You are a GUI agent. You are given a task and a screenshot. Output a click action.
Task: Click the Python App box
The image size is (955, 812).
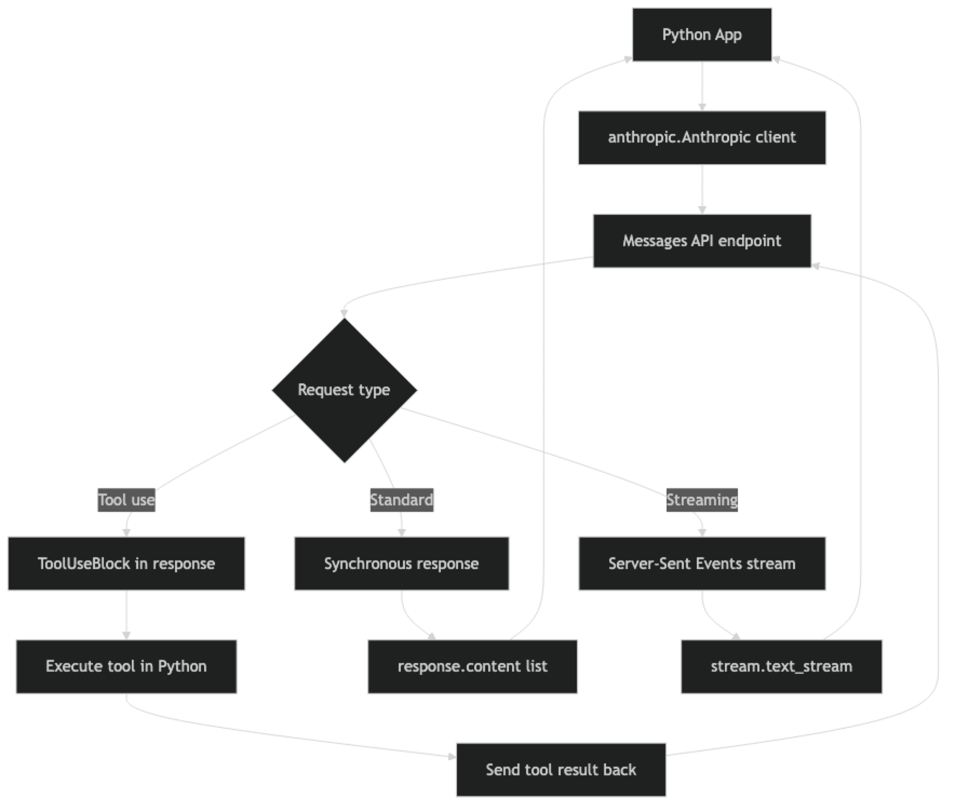(x=702, y=35)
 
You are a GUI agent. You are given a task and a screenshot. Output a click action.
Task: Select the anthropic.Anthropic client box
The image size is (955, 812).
(x=702, y=137)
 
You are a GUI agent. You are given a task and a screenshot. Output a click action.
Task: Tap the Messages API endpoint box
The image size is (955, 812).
(x=702, y=240)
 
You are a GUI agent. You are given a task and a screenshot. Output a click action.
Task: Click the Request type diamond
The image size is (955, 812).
(x=344, y=390)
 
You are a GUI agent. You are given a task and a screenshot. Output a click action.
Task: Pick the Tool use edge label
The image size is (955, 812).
(x=126, y=500)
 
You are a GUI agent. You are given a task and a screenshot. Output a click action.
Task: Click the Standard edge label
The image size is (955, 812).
(x=401, y=500)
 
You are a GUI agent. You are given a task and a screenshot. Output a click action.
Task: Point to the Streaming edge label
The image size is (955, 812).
(x=702, y=500)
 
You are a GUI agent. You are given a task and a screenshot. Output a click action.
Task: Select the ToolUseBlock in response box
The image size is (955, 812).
(x=126, y=563)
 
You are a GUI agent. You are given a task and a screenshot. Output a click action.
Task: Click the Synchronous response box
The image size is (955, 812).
(x=401, y=563)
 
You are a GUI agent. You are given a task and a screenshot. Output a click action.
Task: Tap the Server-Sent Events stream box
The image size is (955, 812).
(x=702, y=563)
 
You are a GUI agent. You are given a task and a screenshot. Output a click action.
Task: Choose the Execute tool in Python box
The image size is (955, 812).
(x=126, y=666)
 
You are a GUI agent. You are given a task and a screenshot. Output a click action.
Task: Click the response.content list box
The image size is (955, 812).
(x=473, y=666)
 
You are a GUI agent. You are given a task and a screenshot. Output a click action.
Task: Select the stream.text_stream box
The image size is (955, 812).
(x=782, y=666)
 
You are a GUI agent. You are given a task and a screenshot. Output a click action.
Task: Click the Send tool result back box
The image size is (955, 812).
(x=561, y=769)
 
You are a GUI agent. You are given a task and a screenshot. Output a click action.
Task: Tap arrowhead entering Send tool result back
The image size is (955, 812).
(x=451, y=756)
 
